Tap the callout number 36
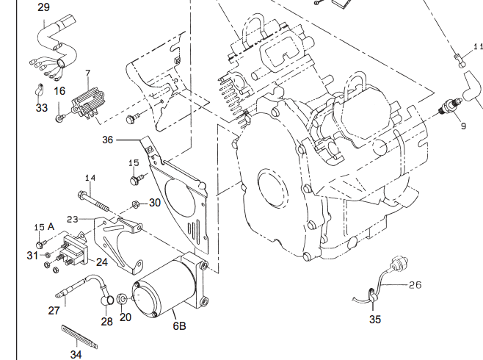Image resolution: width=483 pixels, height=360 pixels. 108,140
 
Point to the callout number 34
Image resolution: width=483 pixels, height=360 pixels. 76,353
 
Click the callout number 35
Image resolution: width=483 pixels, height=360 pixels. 375,319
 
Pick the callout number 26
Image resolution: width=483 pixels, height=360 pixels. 415,284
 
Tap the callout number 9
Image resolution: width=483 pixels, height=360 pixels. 463,126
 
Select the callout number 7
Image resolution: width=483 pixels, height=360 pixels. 87,73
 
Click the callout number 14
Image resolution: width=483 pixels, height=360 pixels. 90,178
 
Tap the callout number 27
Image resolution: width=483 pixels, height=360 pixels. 54,311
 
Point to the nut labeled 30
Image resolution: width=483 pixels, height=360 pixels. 136,204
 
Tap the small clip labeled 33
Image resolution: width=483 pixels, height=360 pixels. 35,93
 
